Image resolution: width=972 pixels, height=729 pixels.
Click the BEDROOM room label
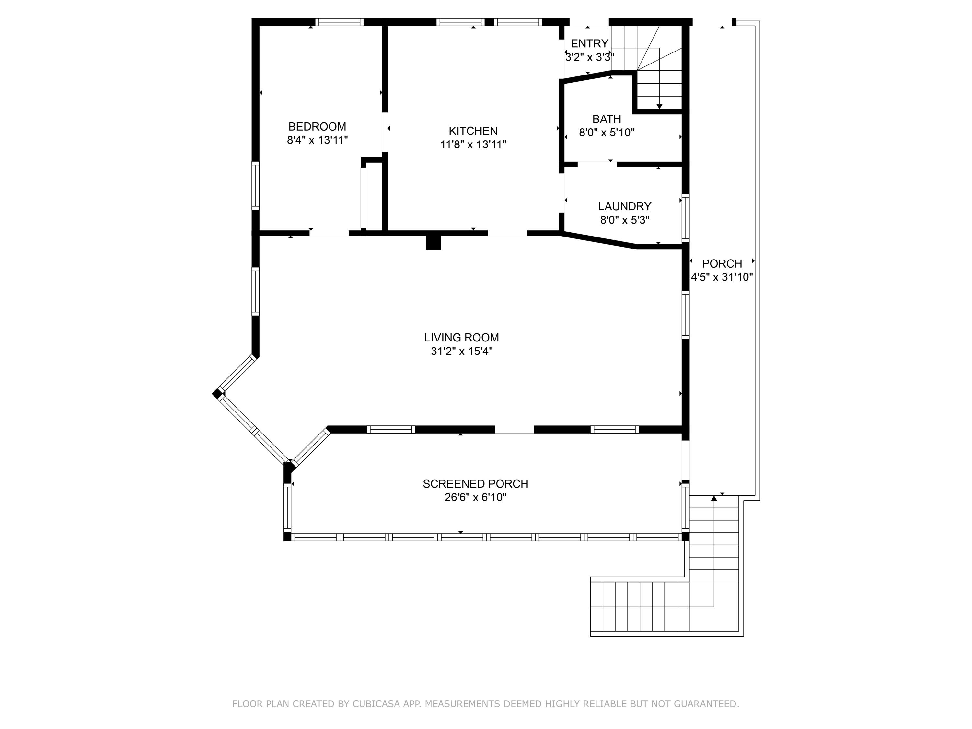317,127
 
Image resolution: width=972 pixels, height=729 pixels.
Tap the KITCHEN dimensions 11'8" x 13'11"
473,145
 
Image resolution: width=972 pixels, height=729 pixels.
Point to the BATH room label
607,119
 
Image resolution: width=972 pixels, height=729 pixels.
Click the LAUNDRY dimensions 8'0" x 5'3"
624,220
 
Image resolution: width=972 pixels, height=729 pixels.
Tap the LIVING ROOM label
461,338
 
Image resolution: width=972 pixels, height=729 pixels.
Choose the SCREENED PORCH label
475,484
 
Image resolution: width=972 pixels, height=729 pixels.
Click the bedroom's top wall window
339,22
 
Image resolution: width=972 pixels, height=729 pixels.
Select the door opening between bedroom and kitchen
385,132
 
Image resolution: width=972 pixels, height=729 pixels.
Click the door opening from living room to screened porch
514,429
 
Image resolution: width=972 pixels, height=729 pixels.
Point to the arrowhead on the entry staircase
659,106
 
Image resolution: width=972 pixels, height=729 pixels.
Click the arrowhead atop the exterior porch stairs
714,498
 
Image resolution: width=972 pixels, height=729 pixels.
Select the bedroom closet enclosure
373,196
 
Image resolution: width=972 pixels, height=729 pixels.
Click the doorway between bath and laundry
597,164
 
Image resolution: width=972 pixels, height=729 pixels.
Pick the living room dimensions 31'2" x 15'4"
461,351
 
